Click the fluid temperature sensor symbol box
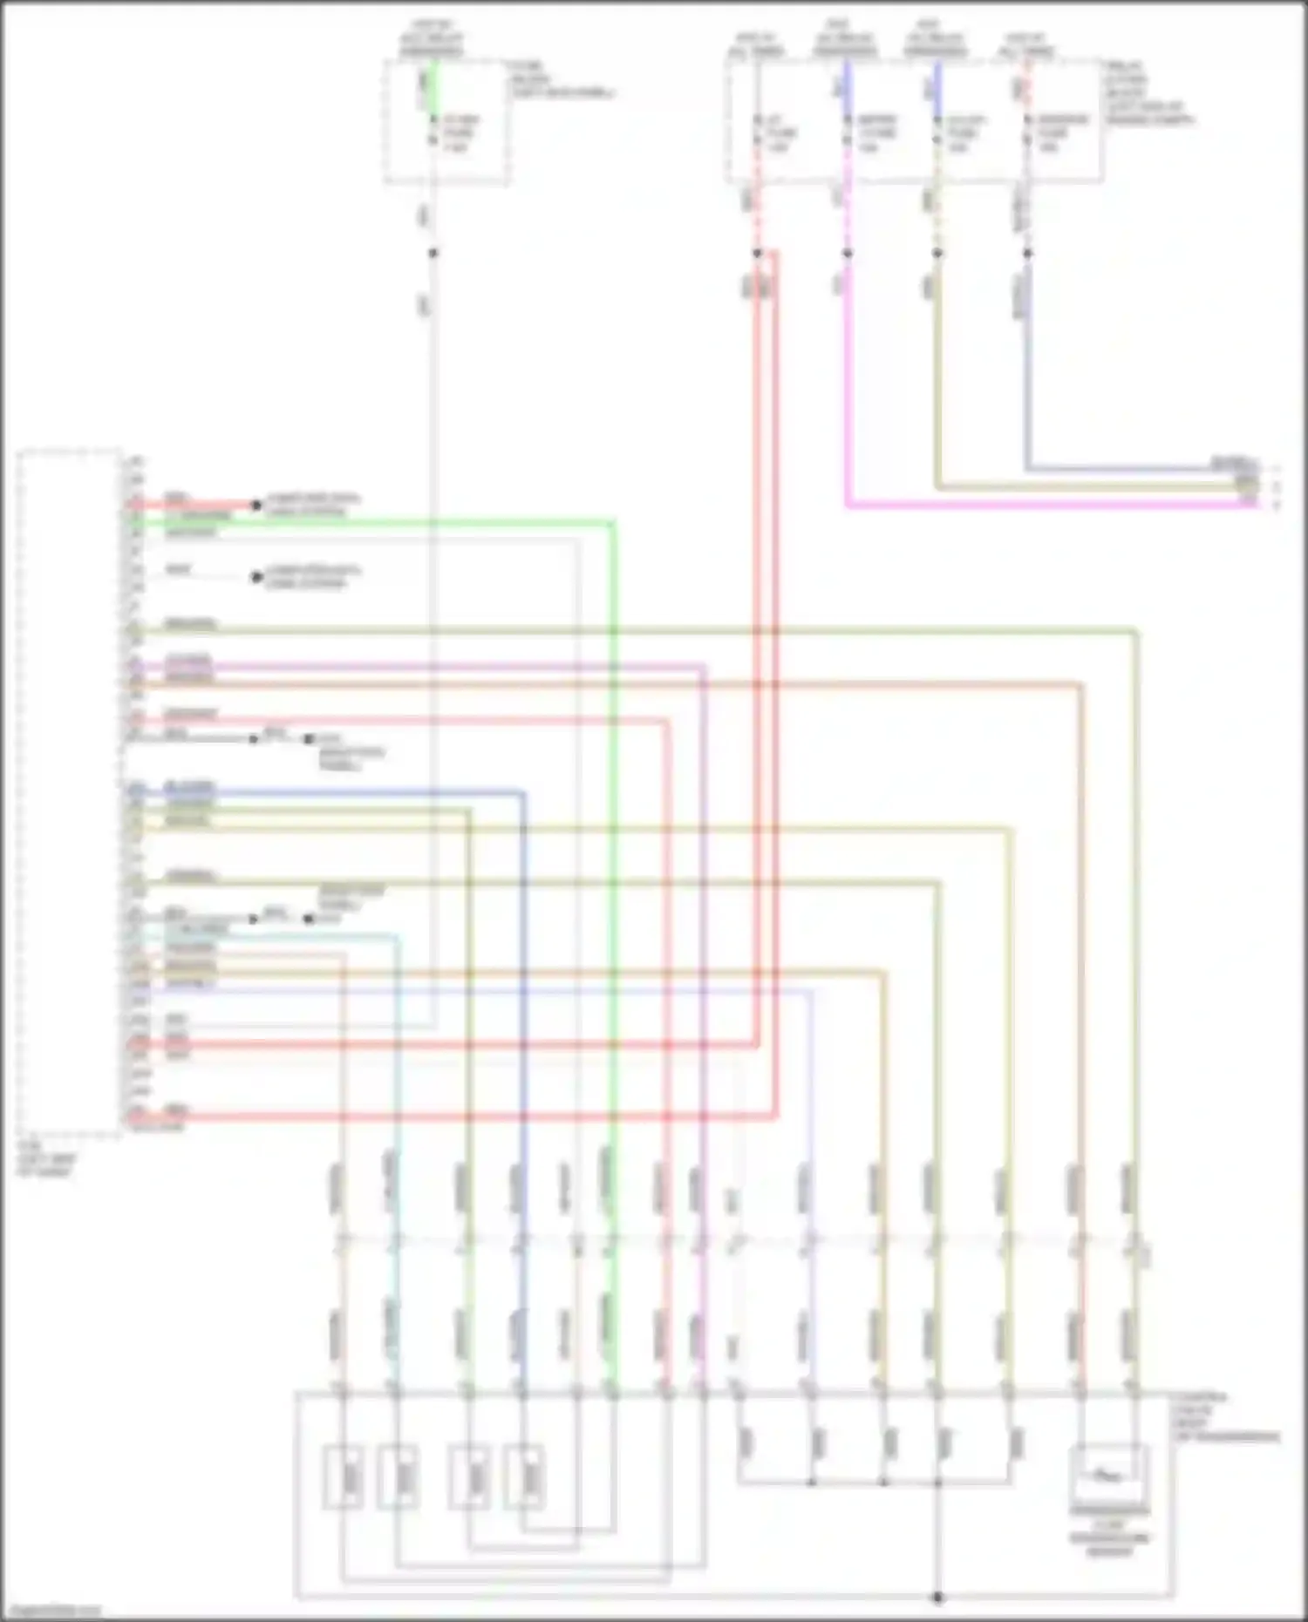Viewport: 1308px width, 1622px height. [x=1108, y=1475]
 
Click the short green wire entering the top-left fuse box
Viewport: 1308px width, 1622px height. [x=433, y=87]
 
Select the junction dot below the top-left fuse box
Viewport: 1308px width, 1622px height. [x=433, y=253]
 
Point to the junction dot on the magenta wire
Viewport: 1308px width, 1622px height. [x=847, y=253]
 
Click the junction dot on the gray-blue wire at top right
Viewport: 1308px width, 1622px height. [x=1028, y=253]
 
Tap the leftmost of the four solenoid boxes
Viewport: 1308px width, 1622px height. [x=344, y=1476]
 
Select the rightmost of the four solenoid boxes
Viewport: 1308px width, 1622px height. [x=523, y=1476]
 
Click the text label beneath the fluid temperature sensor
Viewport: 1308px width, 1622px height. [x=1109, y=1537]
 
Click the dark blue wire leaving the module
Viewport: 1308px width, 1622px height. [x=349, y=792]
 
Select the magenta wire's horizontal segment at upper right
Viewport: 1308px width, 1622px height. [x=1046, y=505]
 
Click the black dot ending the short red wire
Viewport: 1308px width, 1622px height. [x=256, y=505]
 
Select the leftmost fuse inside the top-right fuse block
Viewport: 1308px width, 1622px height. [x=757, y=131]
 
